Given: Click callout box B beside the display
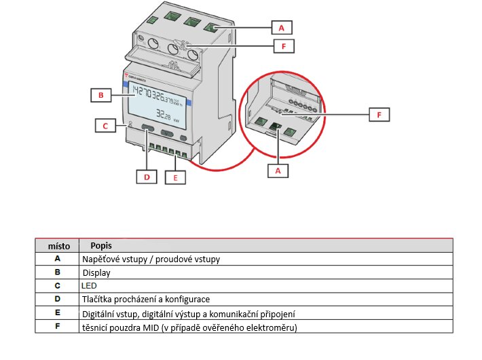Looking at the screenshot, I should tap(100, 95).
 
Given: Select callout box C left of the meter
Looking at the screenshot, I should tap(105, 126).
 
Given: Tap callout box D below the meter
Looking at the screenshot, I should tap(146, 177).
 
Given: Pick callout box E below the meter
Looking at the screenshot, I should tap(175, 178).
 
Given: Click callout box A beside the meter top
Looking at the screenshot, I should tap(282, 28).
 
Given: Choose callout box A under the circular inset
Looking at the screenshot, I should tap(277, 171).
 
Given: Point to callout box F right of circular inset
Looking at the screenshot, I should tap(379, 115).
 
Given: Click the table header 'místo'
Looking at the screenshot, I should tap(58, 245).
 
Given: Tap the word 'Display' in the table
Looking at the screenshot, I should tap(96, 272).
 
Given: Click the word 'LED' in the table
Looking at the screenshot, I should tap(89, 286).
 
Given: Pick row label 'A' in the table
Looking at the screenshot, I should tap(58, 259).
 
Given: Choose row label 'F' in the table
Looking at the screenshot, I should tap(58, 327).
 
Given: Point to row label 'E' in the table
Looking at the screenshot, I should tap(58, 314).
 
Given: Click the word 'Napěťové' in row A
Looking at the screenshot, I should tap(102, 259).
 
